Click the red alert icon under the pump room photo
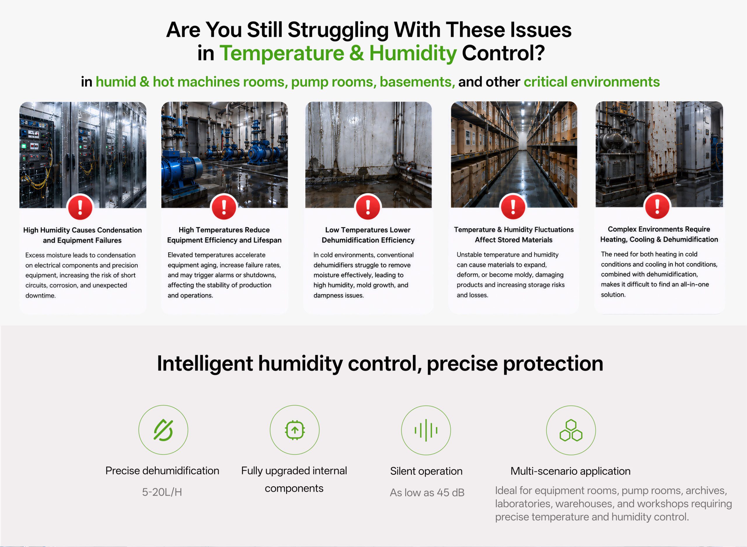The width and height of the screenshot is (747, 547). [x=224, y=207]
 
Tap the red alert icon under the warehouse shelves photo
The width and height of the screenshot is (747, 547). [x=513, y=207]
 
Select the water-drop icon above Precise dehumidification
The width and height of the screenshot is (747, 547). [x=163, y=430]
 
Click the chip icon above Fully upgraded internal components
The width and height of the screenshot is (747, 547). [x=294, y=430]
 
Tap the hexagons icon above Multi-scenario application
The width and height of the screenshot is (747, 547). [x=571, y=430]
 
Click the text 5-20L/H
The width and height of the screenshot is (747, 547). [x=162, y=492]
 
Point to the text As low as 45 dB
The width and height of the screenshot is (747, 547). [x=427, y=492]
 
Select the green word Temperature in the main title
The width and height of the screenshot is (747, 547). [x=282, y=53]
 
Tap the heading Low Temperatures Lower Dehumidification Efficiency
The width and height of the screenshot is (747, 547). [x=368, y=235]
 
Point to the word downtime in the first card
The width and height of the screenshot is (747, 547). [x=40, y=295]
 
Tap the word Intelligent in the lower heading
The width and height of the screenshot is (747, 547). [x=205, y=363]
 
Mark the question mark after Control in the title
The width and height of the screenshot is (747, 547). [x=540, y=53]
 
